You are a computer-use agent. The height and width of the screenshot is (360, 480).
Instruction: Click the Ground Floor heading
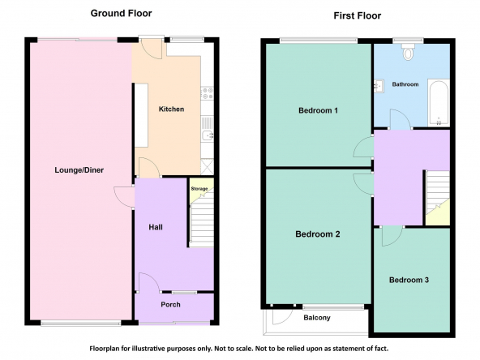click(x=122, y=14)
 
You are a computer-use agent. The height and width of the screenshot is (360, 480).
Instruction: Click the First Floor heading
click(x=358, y=15)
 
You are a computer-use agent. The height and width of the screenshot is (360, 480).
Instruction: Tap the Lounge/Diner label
click(x=79, y=170)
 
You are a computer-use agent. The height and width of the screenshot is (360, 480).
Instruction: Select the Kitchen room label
click(x=171, y=109)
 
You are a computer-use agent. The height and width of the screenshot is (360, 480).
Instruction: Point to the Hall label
click(x=156, y=227)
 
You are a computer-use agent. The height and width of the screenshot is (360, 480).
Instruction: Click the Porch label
click(x=170, y=305)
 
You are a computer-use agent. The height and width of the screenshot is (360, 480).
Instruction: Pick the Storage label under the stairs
click(x=199, y=189)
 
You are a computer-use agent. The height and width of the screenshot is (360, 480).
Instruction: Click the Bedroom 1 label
click(x=318, y=110)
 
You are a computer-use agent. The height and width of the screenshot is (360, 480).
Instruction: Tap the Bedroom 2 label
click(x=318, y=234)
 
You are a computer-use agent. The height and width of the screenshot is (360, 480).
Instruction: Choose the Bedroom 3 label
click(x=409, y=280)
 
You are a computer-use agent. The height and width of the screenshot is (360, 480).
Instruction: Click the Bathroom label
click(x=405, y=84)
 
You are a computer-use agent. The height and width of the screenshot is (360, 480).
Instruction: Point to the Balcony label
click(x=317, y=318)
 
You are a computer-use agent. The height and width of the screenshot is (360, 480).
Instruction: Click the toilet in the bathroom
click(x=408, y=52)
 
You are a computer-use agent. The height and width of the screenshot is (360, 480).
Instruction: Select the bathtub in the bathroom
click(x=439, y=103)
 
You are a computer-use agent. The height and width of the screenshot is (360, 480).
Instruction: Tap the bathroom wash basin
click(x=378, y=86)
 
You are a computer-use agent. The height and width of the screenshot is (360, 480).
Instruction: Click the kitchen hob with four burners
click(x=208, y=93)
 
